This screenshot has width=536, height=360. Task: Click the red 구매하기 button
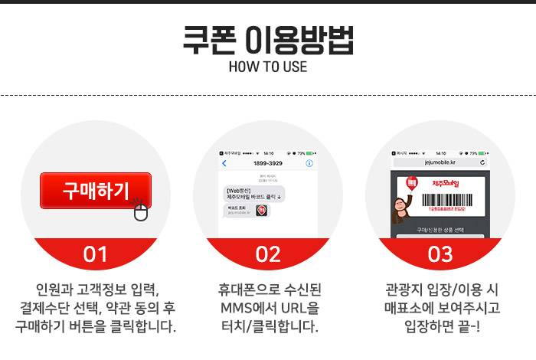[x=95, y=191]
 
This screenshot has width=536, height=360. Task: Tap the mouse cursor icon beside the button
[x=140, y=210]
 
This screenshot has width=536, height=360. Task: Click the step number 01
[x=95, y=255]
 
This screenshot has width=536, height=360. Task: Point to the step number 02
[x=268, y=255]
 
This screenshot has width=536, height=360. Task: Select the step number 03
[x=440, y=255]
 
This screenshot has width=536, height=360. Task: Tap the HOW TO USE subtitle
[x=267, y=67]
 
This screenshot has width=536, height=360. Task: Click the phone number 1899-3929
[x=268, y=163]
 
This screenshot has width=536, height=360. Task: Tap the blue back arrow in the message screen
[x=224, y=163]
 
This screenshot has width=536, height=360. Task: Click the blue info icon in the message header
[x=309, y=163]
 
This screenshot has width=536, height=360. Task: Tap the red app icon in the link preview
[x=261, y=210]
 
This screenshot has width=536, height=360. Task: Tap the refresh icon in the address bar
[x=482, y=162]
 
